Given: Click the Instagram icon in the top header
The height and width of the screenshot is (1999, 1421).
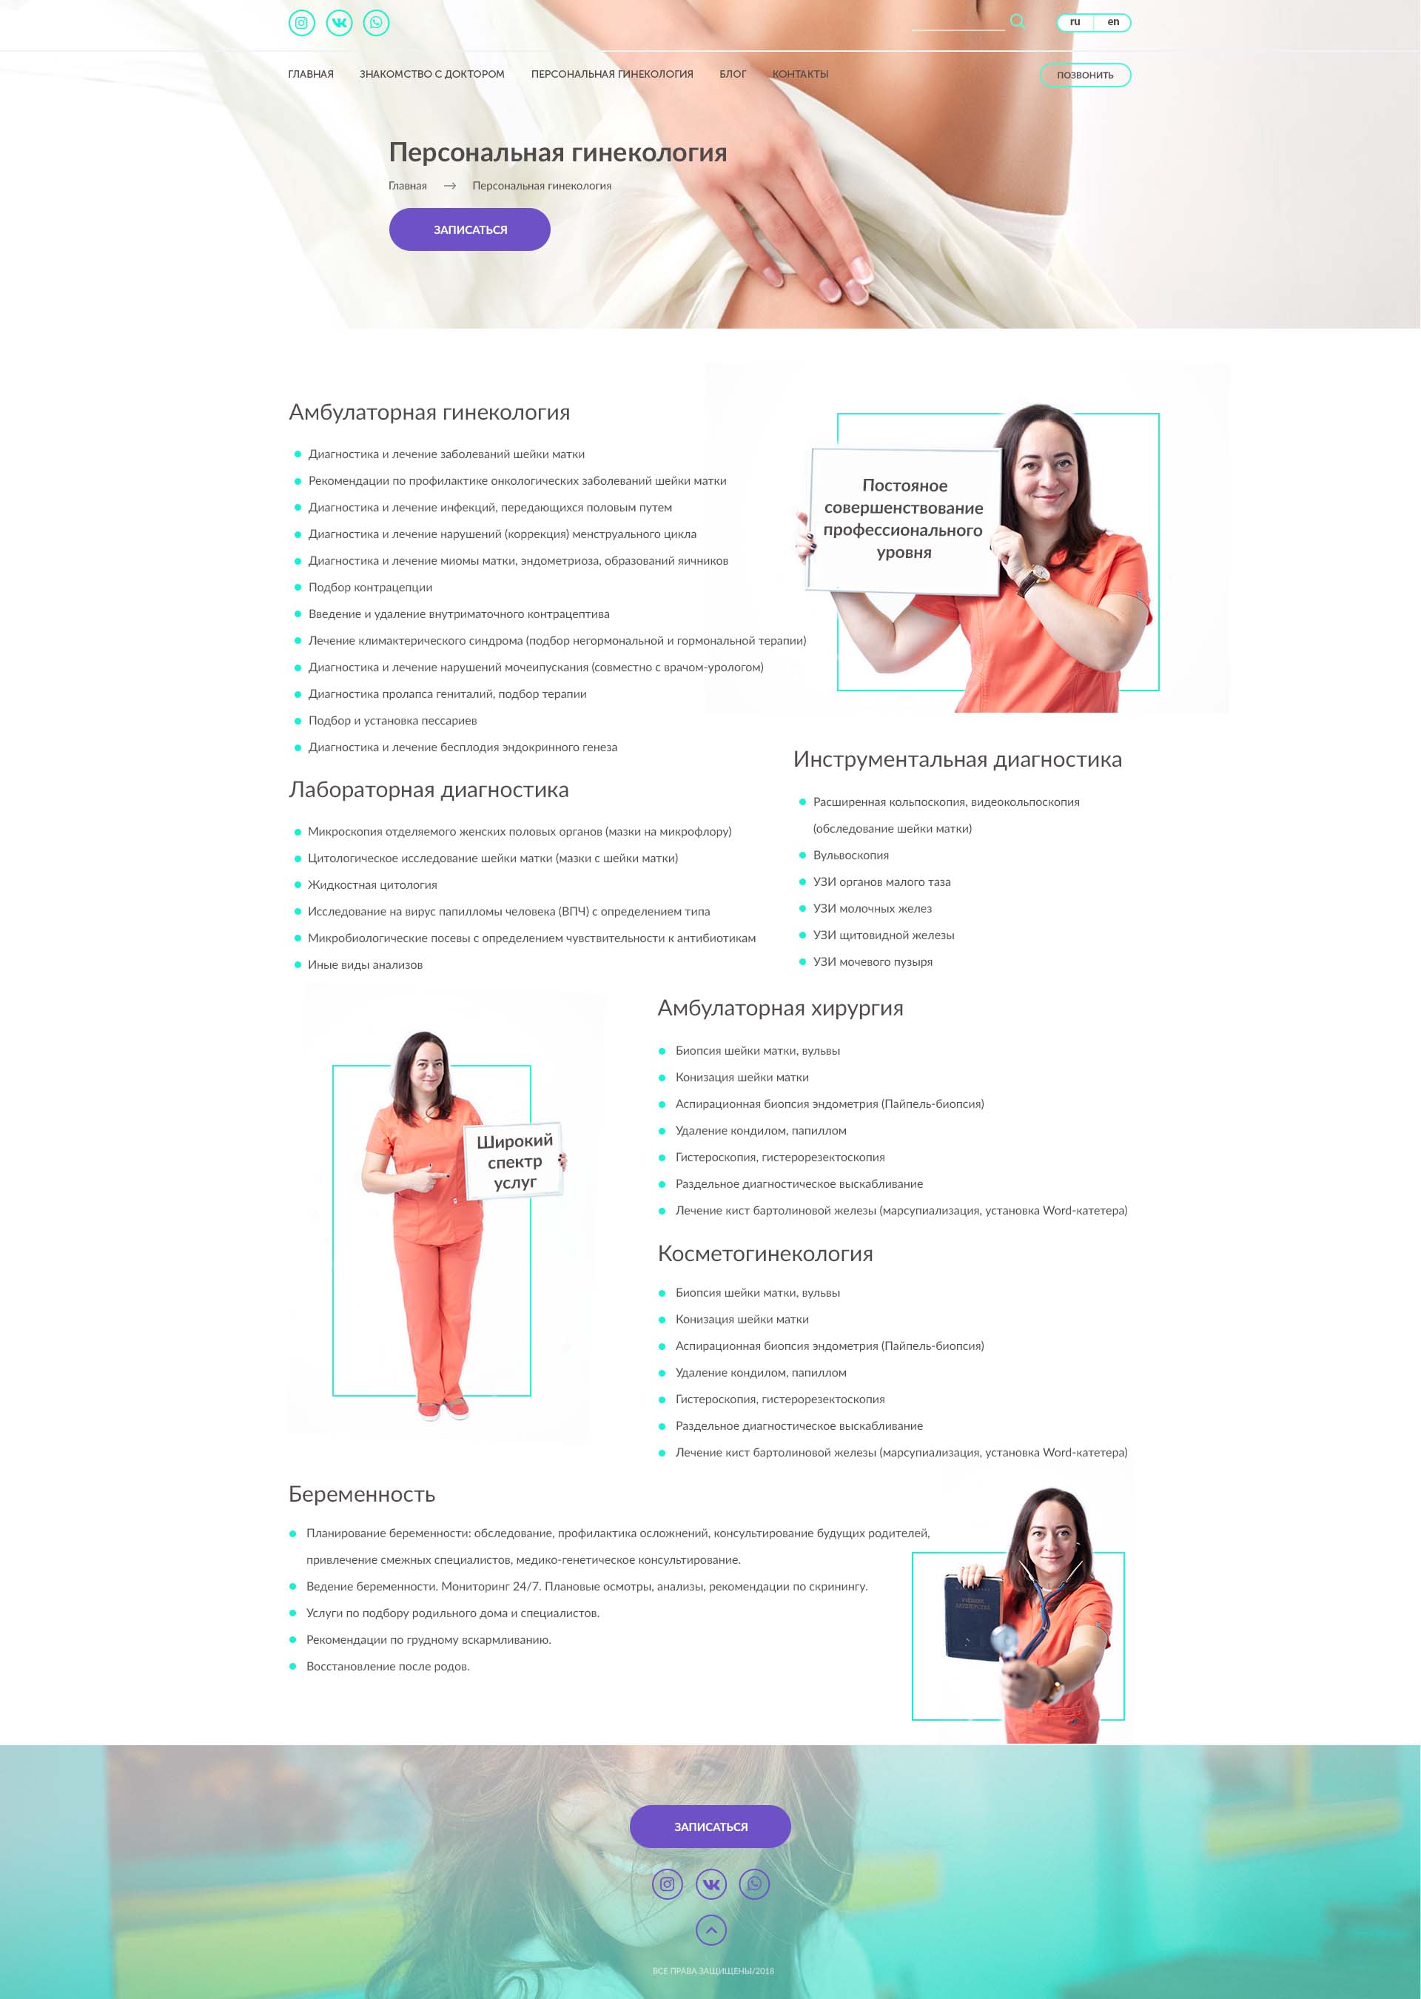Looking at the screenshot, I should tap(301, 23).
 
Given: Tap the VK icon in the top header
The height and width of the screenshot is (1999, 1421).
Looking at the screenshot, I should tap(339, 23).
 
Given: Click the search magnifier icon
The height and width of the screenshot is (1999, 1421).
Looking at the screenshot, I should tap(1017, 21).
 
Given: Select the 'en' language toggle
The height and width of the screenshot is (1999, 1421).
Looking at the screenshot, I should tap(1112, 22).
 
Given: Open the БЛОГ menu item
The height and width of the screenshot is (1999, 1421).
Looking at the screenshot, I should tap(733, 74).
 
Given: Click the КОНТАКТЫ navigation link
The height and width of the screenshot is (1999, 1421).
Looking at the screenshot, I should tap(800, 74).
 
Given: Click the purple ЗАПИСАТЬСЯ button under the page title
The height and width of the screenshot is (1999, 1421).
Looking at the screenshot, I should tap(469, 229).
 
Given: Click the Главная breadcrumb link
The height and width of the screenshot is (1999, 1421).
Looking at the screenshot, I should tap(408, 186).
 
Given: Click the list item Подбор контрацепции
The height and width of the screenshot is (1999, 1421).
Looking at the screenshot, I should tap(369, 587).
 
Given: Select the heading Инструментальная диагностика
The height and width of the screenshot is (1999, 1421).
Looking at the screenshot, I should tap(956, 759).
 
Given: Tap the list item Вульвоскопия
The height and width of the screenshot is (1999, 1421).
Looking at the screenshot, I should tap(850, 855).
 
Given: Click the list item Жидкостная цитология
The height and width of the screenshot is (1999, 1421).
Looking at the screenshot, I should tap(372, 884).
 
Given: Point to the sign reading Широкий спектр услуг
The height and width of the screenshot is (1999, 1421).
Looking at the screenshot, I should tap(514, 1161).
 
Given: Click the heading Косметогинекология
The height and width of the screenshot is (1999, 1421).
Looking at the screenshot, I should tap(765, 1254).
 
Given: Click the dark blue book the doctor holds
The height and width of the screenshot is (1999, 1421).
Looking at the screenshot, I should tap(971, 1616).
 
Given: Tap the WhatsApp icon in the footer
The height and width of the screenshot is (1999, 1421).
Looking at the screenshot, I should tap(753, 1884).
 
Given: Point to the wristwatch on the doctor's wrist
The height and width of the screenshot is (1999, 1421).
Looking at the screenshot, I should tap(1038, 576).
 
